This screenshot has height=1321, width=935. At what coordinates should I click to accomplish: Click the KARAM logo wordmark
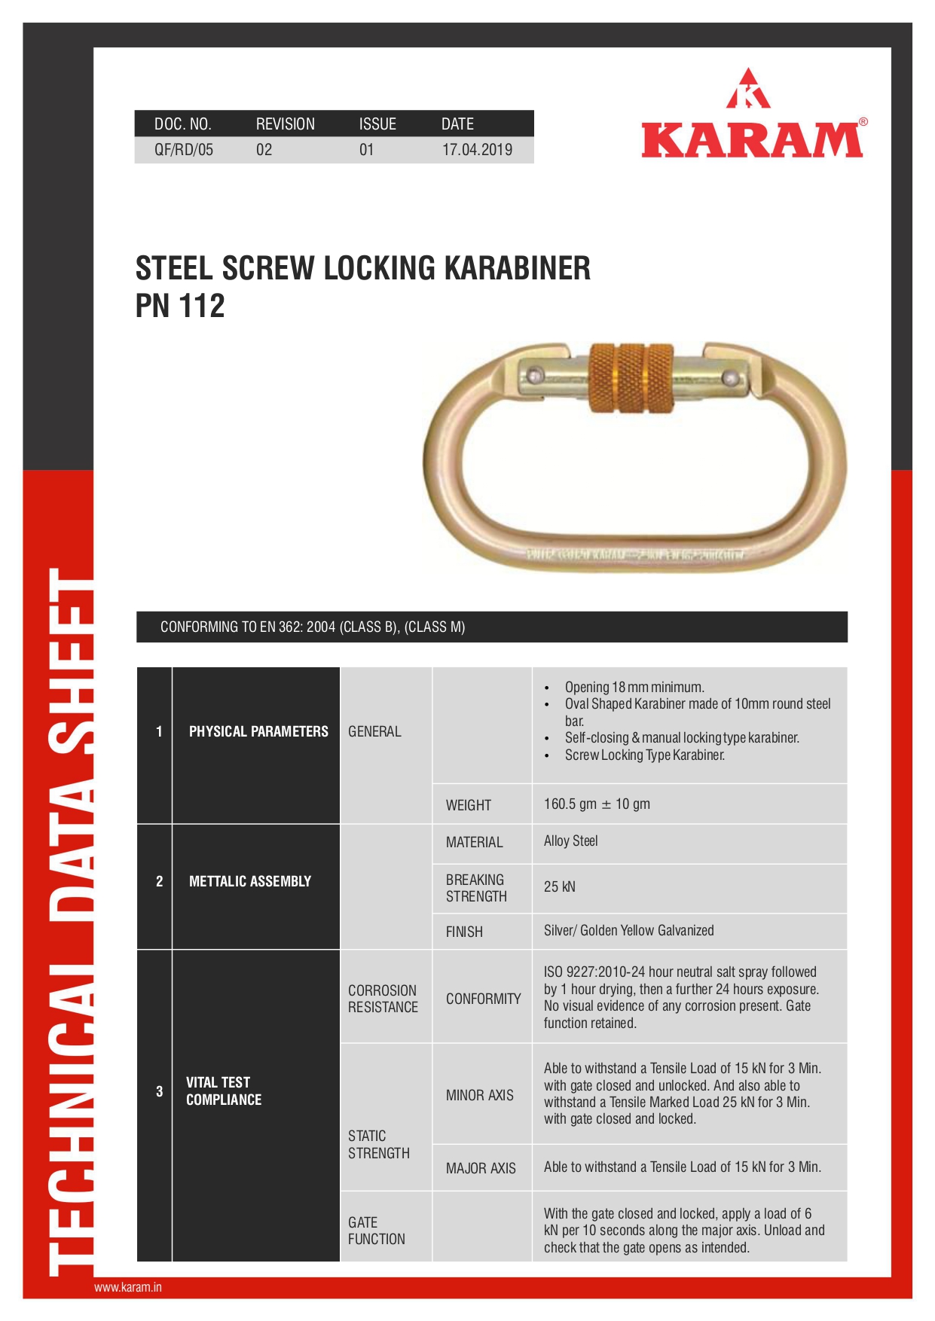pos(752,141)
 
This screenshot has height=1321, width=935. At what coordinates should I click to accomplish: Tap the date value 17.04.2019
pos(477,150)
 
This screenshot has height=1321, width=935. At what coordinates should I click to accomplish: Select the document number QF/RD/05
pos(184,150)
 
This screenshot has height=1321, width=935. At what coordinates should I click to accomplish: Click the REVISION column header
pos(285,124)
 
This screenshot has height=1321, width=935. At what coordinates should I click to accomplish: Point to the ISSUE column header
pos(377,124)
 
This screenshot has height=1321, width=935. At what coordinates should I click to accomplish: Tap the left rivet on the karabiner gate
pos(535,374)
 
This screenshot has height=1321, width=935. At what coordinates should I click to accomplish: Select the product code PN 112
pos(180,307)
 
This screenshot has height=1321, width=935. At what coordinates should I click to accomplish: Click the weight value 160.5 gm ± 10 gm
pos(597,804)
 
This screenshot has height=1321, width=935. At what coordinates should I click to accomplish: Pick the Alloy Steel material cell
pos(570,841)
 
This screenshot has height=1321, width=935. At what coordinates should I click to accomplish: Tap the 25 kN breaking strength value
pos(559,887)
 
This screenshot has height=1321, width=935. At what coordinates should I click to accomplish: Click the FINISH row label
pos(464,932)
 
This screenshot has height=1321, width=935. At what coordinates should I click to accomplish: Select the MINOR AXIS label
pos(479,1095)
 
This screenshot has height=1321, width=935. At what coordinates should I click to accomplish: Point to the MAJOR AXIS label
pos(481,1168)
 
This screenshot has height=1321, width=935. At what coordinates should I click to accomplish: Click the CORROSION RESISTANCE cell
pos(383,999)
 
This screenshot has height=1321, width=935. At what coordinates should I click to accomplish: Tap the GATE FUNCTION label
pos(376,1231)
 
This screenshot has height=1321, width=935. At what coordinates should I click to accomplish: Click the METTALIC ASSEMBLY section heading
pos(249,881)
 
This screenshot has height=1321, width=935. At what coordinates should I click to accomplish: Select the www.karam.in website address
pos(128,1287)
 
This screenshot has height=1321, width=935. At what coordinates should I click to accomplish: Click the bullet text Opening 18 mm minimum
pos(634,687)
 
